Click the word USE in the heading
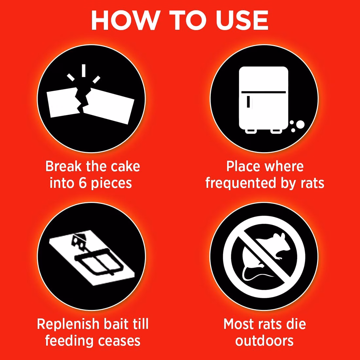[242, 20]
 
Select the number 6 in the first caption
[82, 183]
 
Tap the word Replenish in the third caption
[68, 325]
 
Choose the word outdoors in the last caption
[264, 341]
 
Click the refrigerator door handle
[248, 101]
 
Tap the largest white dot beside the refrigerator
[300, 125]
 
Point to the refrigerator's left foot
[250, 131]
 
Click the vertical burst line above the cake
[83, 70]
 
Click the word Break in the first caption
[63, 166]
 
